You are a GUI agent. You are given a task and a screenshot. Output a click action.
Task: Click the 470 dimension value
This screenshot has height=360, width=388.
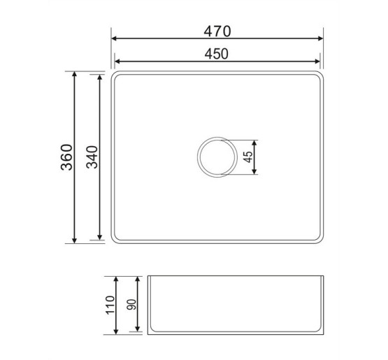217,31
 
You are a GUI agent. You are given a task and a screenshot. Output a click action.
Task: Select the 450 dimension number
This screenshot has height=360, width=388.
217,54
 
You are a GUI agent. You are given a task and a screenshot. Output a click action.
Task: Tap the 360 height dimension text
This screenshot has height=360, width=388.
67,157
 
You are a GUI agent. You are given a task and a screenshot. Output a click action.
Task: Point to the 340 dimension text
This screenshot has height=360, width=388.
92,157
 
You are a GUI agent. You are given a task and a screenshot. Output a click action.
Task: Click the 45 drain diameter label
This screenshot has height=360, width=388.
248,157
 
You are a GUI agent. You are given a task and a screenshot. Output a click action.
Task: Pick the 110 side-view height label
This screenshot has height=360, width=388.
110,305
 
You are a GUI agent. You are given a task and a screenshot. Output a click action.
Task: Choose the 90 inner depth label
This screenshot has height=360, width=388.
131,305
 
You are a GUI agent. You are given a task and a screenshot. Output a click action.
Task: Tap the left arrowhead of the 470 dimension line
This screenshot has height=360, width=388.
114,38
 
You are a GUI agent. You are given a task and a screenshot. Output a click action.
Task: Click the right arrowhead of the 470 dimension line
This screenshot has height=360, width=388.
320,38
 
